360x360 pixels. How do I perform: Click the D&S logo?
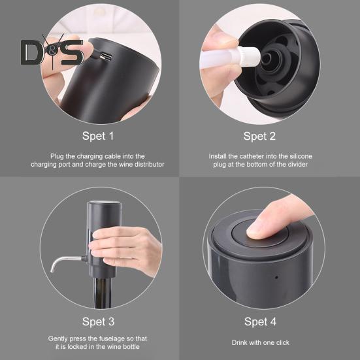pyautogui.click(x=52, y=52)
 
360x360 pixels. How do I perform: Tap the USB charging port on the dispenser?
pyautogui.click(x=106, y=56)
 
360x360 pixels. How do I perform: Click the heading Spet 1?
pyautogui.click(x=98, y=136)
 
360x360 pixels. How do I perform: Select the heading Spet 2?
pyautogui.click(x=259, y=136)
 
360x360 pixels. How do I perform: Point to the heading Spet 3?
pyautogui.click(x=98, y=321)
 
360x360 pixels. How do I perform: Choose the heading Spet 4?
pyautogui.click(x=260, y=321)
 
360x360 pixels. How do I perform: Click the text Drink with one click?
pyautogui.click(x=260, y=342)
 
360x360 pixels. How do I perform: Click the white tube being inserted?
pyautogui.click(x=230, y=58)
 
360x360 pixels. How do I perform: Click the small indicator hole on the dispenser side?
pyautogui.click(x=276, y=277)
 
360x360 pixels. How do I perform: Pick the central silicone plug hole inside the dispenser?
pyautogui.click(x=267, y=59)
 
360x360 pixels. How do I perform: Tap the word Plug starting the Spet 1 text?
pyautogui.click(x=57, y=157)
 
